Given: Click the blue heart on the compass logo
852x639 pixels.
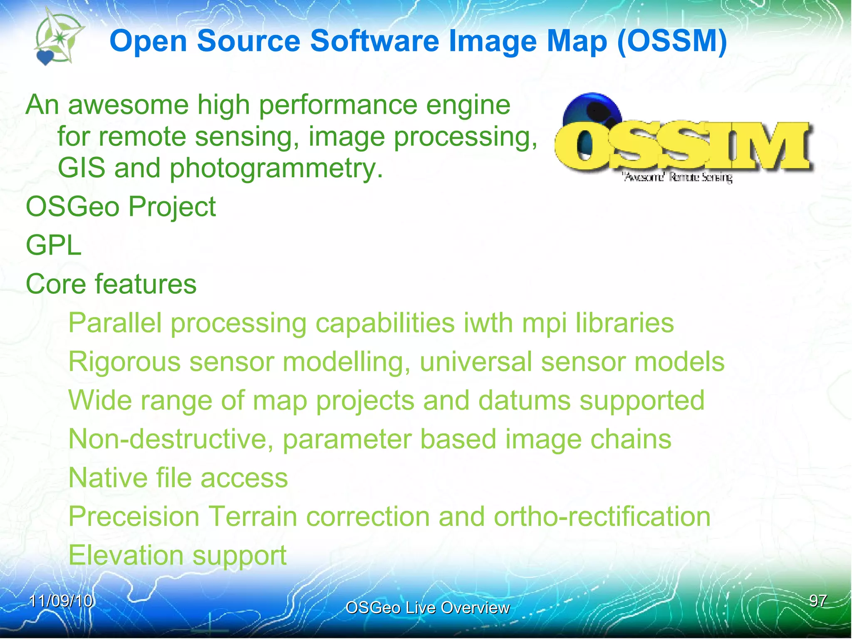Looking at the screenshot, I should [45, 57].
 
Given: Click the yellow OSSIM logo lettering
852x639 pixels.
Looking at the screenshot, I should [682, 146].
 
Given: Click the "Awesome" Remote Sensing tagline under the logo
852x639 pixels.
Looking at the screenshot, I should [677, 177].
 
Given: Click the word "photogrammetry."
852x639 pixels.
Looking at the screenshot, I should [276, 168].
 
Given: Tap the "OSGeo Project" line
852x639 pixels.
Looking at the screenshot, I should [121, 206].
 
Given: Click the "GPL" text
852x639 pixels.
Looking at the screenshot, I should [53, 245].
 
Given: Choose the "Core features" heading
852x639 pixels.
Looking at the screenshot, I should [111, 284].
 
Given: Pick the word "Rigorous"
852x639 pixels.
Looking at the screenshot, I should [124, 362].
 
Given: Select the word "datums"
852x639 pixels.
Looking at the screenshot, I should [524, 400].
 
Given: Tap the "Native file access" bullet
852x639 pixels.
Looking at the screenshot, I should [178, 478].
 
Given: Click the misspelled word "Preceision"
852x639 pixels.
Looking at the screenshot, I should [134, 517].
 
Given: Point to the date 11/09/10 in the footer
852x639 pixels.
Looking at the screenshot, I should [61, 601].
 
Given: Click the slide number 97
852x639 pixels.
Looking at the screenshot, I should [818, 601].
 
